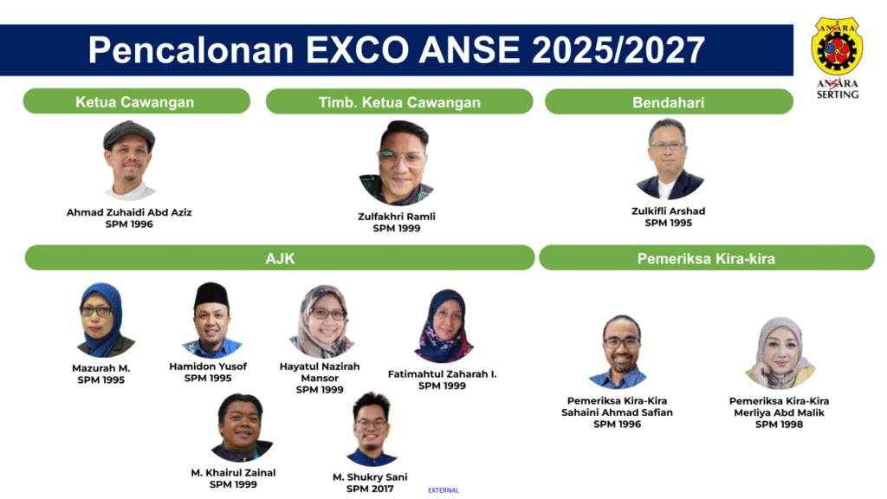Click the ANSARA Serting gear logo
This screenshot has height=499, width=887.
(837, 47)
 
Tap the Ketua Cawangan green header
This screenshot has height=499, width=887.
(136, 101)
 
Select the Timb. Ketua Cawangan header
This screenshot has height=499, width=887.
(399, 102)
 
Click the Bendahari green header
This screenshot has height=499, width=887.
(669, 102)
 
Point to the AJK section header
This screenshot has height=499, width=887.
(280, 258)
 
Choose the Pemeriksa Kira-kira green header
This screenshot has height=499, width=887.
(707, 258)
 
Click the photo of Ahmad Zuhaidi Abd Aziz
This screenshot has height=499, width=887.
(129, 160)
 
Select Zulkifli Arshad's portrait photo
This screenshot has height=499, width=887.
(669, 159)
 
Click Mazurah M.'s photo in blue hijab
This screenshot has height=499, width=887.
(102, 321)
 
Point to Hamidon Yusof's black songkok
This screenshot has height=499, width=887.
(211, 295)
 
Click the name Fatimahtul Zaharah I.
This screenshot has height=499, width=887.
(442, 374)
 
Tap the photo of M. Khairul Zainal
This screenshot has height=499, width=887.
(242, 428)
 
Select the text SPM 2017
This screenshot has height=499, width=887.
(370, 489)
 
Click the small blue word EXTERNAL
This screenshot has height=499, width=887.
(443, 490)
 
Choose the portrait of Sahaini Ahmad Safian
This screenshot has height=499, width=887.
(619, 352)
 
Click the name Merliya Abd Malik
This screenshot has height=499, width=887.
(779, 412)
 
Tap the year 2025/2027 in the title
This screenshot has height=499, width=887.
(618, 49)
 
